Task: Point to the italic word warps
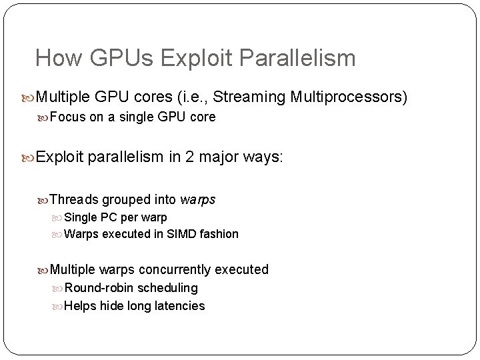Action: pyautogui.click(x=198, y=199)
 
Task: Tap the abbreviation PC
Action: pyautogui.click(x=109, y=217)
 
